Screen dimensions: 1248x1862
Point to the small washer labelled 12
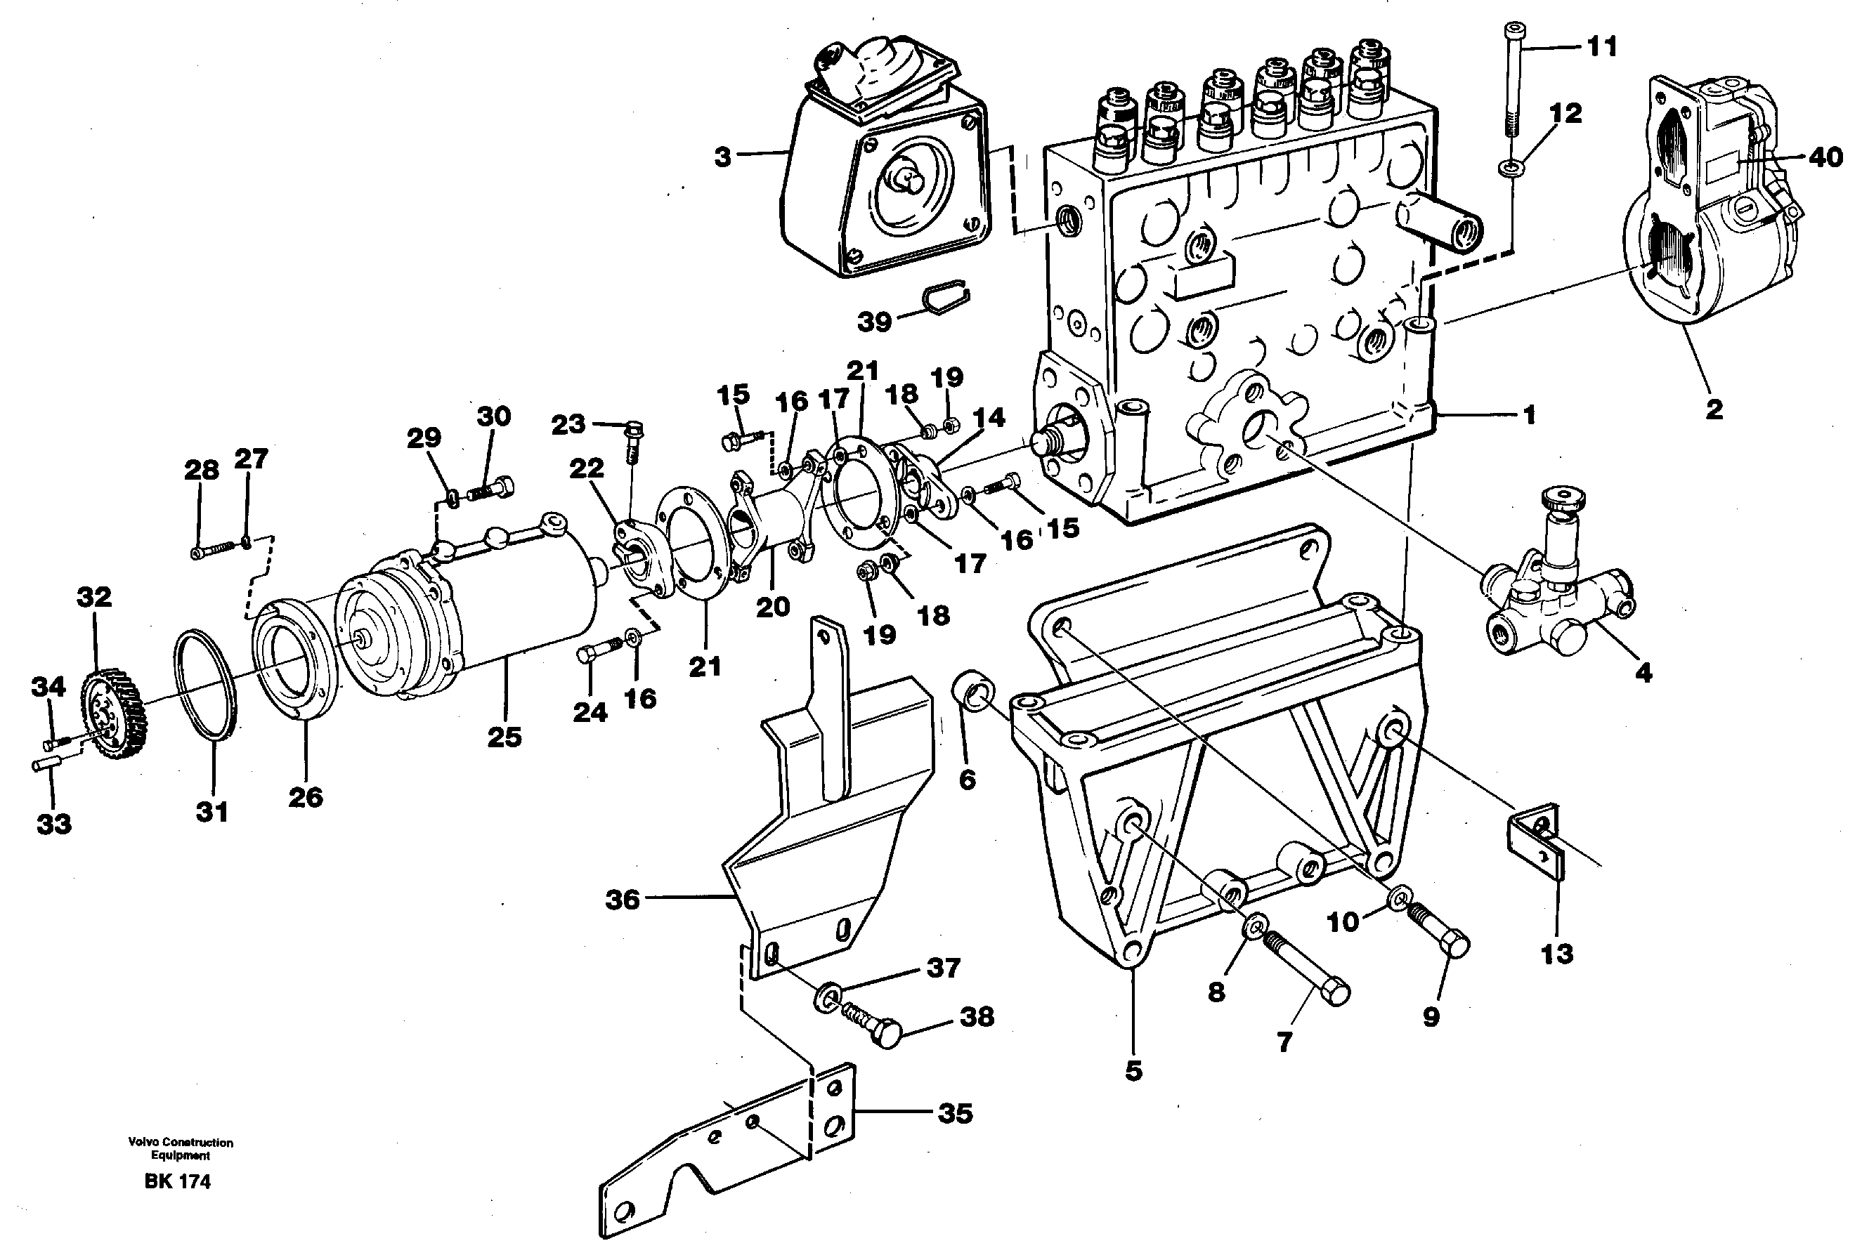pos(1509,168)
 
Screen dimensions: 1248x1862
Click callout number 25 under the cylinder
pos(504,737)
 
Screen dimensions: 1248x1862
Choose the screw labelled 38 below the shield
pos(873,1026)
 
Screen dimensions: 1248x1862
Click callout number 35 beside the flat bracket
pos(954,1112)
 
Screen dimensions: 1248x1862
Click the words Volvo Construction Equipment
pos(181,1148)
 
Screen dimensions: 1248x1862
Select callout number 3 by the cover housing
pos(721,157)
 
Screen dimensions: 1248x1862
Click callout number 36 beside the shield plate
pos(623,900)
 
